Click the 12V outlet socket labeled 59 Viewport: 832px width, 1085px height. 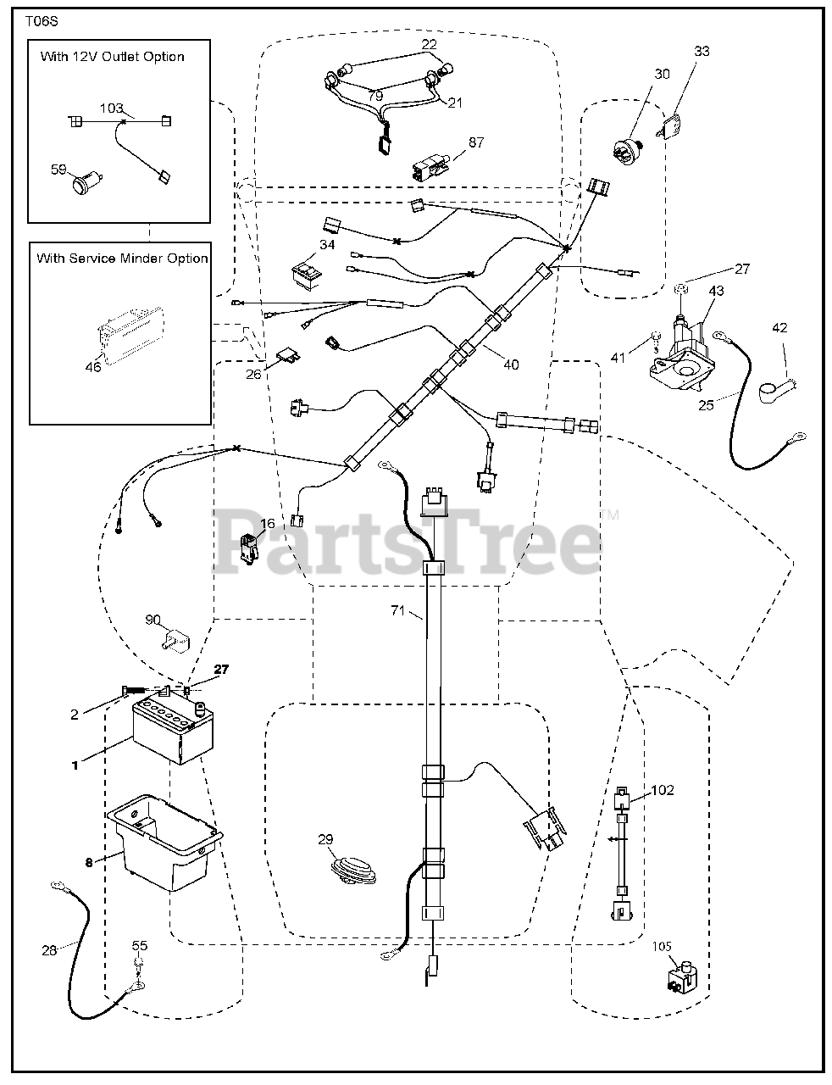tap(85, 181)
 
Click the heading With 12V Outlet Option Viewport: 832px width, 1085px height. tap(112, 57)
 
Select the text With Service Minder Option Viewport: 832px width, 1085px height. tap(122, 258)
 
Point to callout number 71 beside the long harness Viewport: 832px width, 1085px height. tap(398, 610)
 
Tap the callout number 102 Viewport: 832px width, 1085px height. tap(663, 790)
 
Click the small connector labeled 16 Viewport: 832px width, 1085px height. tap(247, 547)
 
